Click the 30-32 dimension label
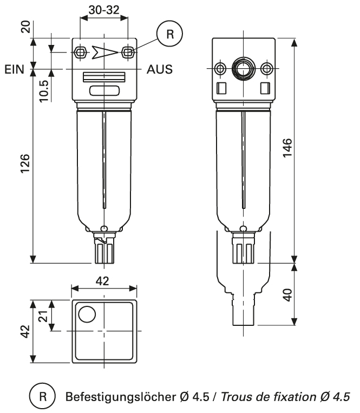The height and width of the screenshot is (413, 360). click(103, 10)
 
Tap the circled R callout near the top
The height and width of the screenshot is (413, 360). click(169, 34)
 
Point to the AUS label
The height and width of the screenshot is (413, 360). click(160, 70)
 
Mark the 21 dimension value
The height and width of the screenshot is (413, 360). click(46, 316)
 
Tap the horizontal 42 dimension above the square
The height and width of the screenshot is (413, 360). click(102, 281)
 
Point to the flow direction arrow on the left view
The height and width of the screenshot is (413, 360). click(103, 52)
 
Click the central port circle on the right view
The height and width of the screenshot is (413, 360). click(241, 69)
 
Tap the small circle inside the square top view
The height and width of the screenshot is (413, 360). click(87, 313)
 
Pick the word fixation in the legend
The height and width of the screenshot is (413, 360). click(292, 398)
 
